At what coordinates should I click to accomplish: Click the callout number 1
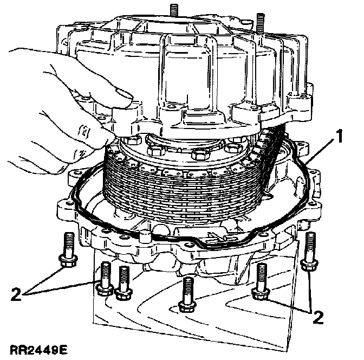(339, 136)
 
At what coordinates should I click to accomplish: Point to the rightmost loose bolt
(309, 252)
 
